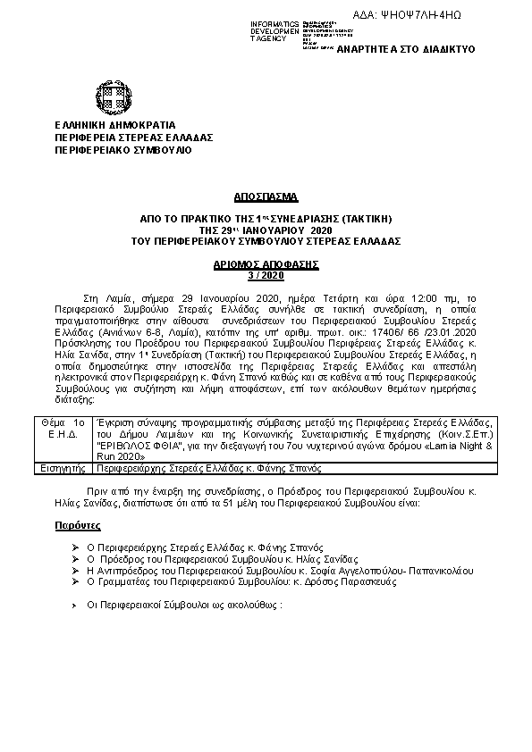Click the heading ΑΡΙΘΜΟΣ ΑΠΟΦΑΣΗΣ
(266, 265)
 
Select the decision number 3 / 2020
(266, 275)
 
